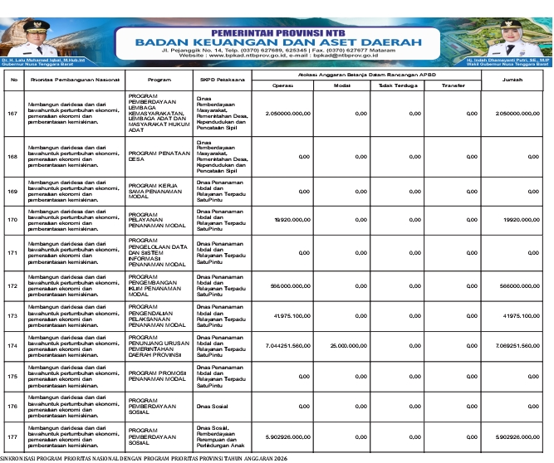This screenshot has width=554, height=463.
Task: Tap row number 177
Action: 12,436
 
